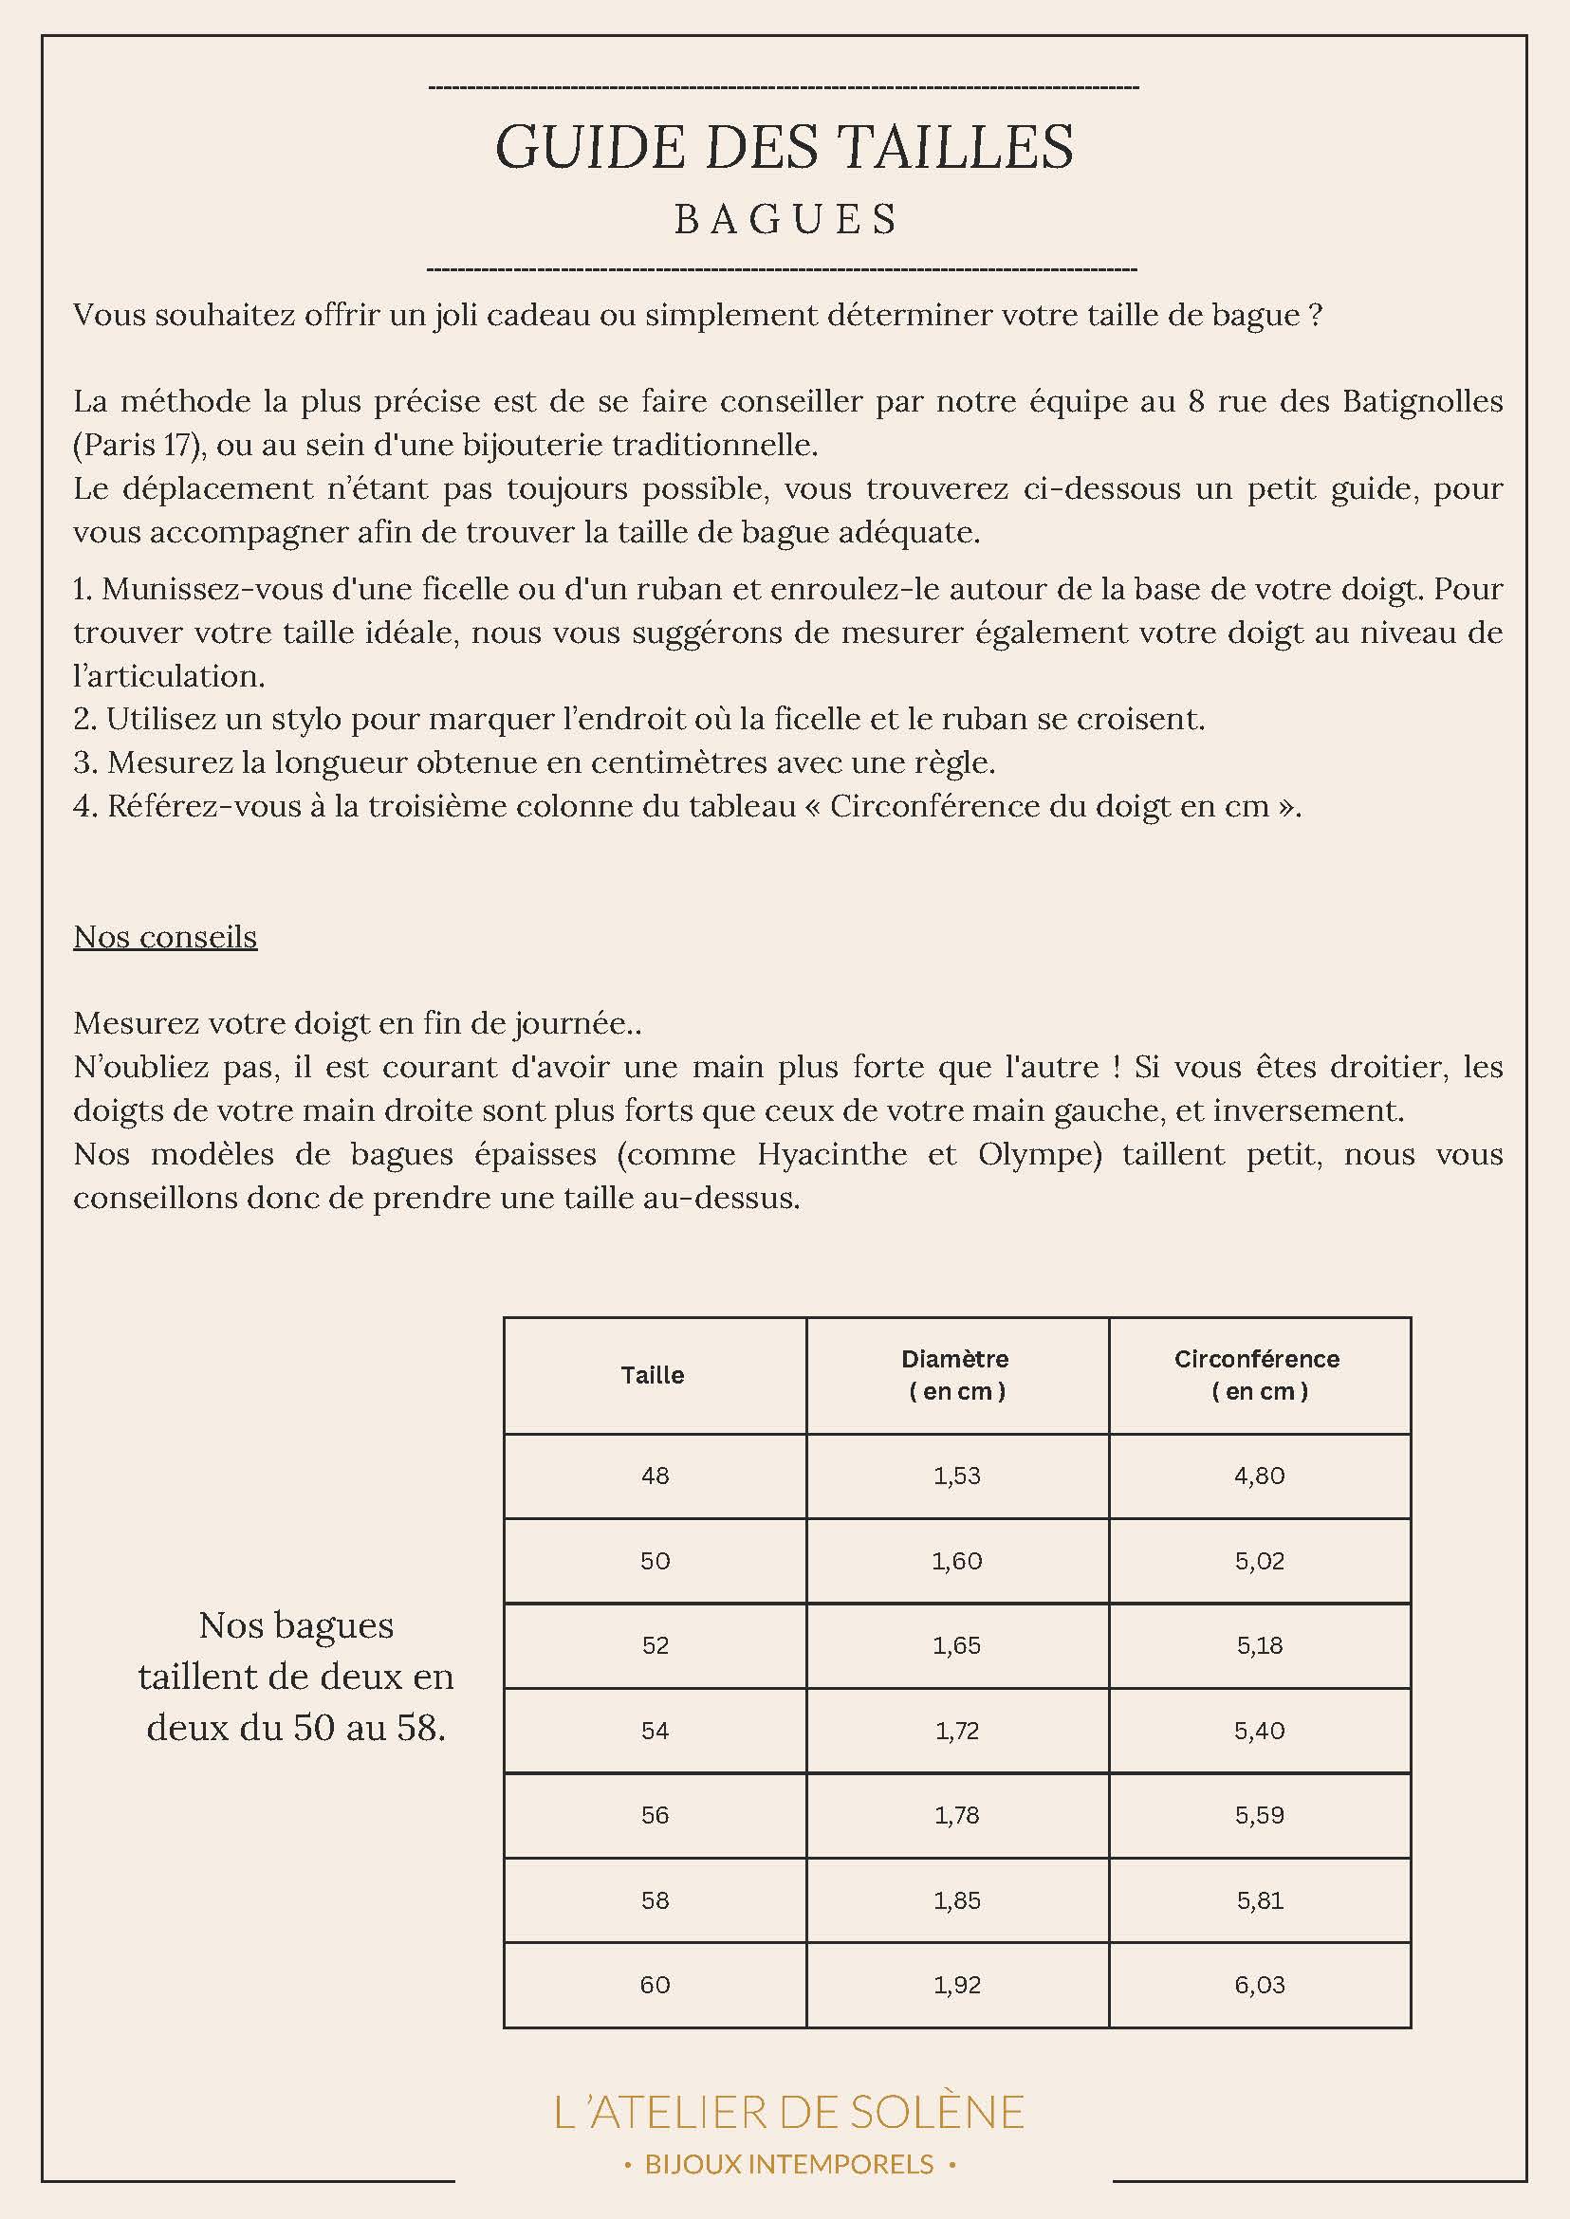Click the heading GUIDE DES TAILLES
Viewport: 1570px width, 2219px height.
point(784,147)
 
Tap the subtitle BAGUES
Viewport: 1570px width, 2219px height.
point(786,219)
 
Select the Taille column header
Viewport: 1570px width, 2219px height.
point(653,1374)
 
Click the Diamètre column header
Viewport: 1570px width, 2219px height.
point(956,1374)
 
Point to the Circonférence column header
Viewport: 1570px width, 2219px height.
point(1258,1374)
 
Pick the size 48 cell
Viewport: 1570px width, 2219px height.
point(655,1475)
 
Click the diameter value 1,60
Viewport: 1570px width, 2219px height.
point(956,1560)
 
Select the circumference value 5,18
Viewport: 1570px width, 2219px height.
point(1259,1645)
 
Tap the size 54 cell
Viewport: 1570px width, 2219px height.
point(655,1730)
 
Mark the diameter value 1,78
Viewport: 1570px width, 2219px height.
point(956,1814)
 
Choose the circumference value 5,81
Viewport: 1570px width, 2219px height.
point(1259,1900)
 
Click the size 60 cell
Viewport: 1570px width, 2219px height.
point(655,1984)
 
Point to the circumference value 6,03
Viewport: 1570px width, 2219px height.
point(1259,1984)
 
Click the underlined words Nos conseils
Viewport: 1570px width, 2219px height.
point(165,937)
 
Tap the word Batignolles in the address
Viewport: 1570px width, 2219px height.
point(1422,401)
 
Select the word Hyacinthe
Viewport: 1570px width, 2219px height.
point(831,1154)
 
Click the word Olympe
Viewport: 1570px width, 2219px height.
point(1040,1154)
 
